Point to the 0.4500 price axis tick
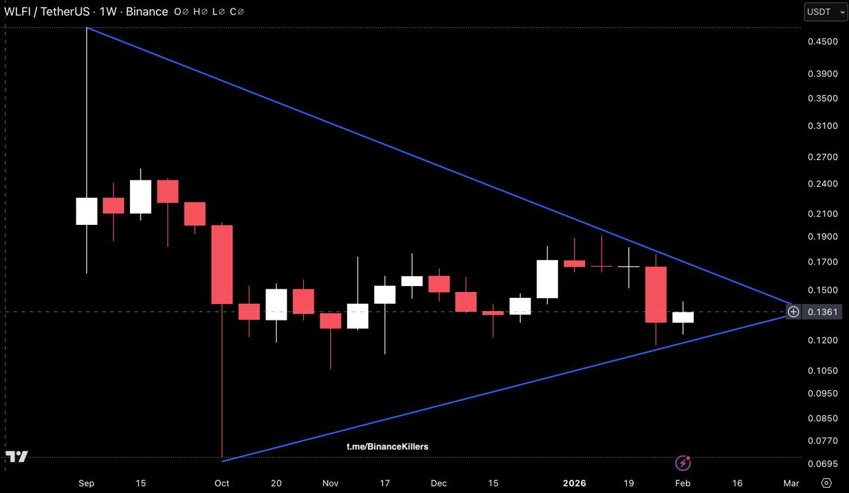coord(822,41)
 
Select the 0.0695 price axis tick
coord(822,463)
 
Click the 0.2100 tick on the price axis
coord(822,214)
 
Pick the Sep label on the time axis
coord(86,483)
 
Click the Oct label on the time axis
coord(222,483)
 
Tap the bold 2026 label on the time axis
coord(574,483)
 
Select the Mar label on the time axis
coord(791,483)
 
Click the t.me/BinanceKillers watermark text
coord(387,447)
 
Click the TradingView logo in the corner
coord(17,457)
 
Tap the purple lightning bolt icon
coord(683,462)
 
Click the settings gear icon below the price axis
coord(826,482)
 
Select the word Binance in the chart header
coord(148,11)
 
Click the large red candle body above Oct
coord(222,264)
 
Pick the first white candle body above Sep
coord(86,211)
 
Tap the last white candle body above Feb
coord(683,317)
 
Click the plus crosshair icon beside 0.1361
coord(793,312)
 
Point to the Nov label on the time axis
coord(330,483)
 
